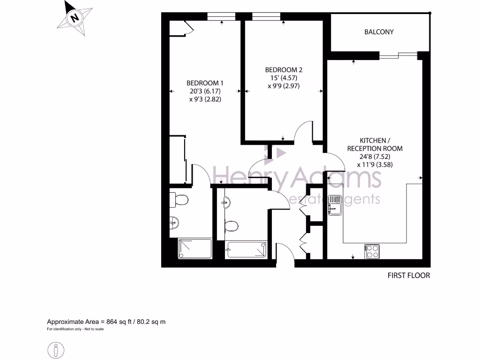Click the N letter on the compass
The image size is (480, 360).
(x=74, y=18)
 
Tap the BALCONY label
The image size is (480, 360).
(x=379, y=32)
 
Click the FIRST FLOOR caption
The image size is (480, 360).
(x=408, y=276)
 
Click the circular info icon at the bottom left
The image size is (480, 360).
(x=56, y=350)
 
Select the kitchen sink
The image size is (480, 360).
(x=336, y=205)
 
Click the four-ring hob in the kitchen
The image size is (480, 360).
(x=372, y=251)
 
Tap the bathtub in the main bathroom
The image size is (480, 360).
(x=247, y=249)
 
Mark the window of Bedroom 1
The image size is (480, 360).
(x=221, y=17)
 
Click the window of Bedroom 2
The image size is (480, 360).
(x=266, y=17)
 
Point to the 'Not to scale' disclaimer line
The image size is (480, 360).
(x=75, y=329)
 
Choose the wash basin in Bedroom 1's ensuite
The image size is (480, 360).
(x=174, y=222)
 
